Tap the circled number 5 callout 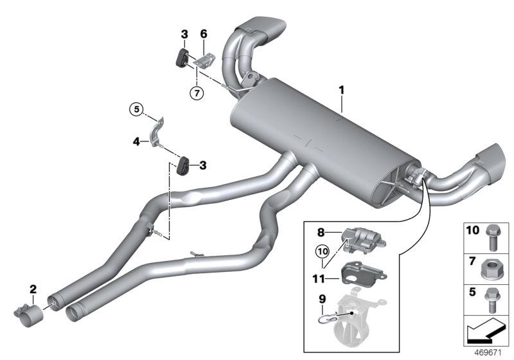[x=135, y=110]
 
